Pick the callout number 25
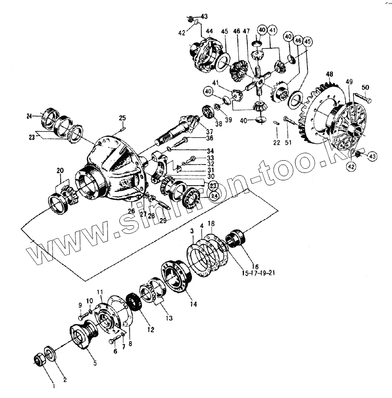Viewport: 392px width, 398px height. click(x=122, y=118)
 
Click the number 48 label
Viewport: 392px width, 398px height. click(x=329, y=75)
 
